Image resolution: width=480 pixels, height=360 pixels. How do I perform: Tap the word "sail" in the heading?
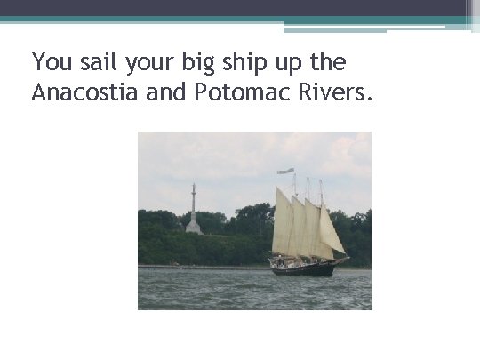(98, 62)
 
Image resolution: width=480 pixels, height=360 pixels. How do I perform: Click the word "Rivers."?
(332, 92)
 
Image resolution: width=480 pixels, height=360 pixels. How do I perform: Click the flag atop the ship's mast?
(285, 170)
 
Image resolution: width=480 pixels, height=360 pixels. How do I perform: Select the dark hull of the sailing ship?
(302, 268)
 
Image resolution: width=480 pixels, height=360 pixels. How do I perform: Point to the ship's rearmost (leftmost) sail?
(284, 222)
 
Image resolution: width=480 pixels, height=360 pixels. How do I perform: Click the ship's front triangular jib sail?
(332, 233)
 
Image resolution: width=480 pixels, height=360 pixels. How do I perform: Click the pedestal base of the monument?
(193, 227)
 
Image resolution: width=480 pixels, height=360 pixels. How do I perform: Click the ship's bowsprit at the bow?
(343, 260)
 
